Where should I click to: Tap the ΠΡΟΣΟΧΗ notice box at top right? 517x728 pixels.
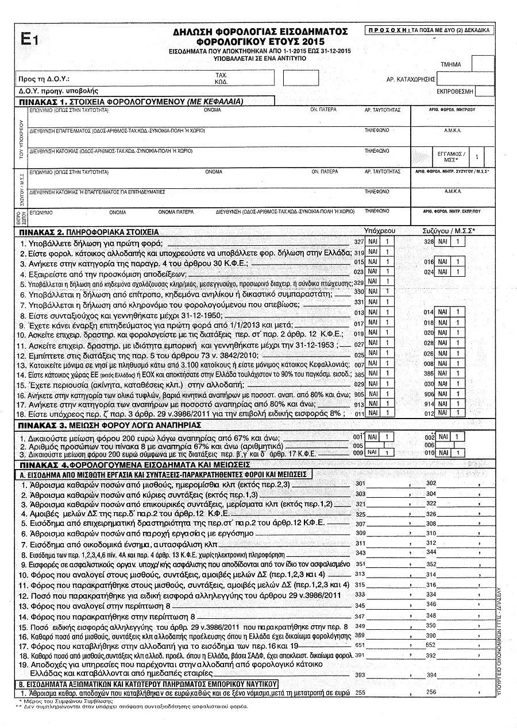tap(429, 30)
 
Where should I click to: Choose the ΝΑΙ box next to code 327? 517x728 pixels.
tap(373, 242)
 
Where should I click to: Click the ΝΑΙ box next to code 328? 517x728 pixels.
tap(442, 242)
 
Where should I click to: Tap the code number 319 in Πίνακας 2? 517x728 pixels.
tap(359, 252)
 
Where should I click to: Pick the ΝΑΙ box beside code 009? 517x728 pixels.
tap(373, 452)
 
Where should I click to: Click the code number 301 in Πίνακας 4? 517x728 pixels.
tap(361, 483)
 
